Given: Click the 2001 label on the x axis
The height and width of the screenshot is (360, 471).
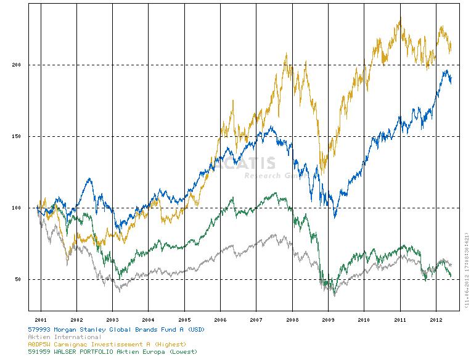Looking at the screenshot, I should click(x=41, y=320).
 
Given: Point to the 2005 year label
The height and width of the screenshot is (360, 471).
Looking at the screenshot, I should click(x=184, y=320).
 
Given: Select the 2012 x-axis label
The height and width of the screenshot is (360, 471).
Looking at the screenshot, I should click(x=436, y=320).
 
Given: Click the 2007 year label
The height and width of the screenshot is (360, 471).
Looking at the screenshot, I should click(x=256, y=320).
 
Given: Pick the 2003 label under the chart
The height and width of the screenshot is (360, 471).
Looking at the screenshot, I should click(x=112, y=320).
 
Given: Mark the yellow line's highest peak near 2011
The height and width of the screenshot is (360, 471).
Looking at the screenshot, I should click(x=400, y=18).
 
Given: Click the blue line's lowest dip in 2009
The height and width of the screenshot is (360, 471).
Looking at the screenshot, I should click(x=335, y=216).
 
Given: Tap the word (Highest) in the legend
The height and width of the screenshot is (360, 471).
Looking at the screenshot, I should click(x=169, y=344).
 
